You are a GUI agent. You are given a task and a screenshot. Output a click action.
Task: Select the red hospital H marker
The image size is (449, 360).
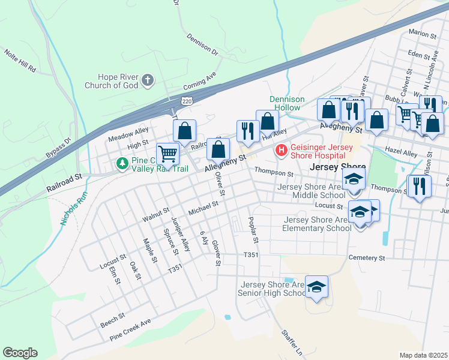(280, 150)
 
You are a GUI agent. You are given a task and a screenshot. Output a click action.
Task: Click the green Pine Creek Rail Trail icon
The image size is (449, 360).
(122, 163)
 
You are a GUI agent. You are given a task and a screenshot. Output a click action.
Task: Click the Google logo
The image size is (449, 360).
(20, 353)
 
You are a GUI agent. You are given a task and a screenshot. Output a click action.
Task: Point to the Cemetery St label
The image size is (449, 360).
(366, 257)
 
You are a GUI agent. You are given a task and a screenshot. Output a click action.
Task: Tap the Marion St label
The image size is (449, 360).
(422, 35)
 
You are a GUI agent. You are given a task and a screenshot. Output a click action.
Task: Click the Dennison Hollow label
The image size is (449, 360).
(287, 103)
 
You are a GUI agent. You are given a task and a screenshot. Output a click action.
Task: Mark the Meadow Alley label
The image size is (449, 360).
(128, 134)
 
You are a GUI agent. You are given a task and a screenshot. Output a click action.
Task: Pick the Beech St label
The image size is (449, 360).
(112, 319)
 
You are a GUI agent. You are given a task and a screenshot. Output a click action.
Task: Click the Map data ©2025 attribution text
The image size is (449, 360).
(423, 355)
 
